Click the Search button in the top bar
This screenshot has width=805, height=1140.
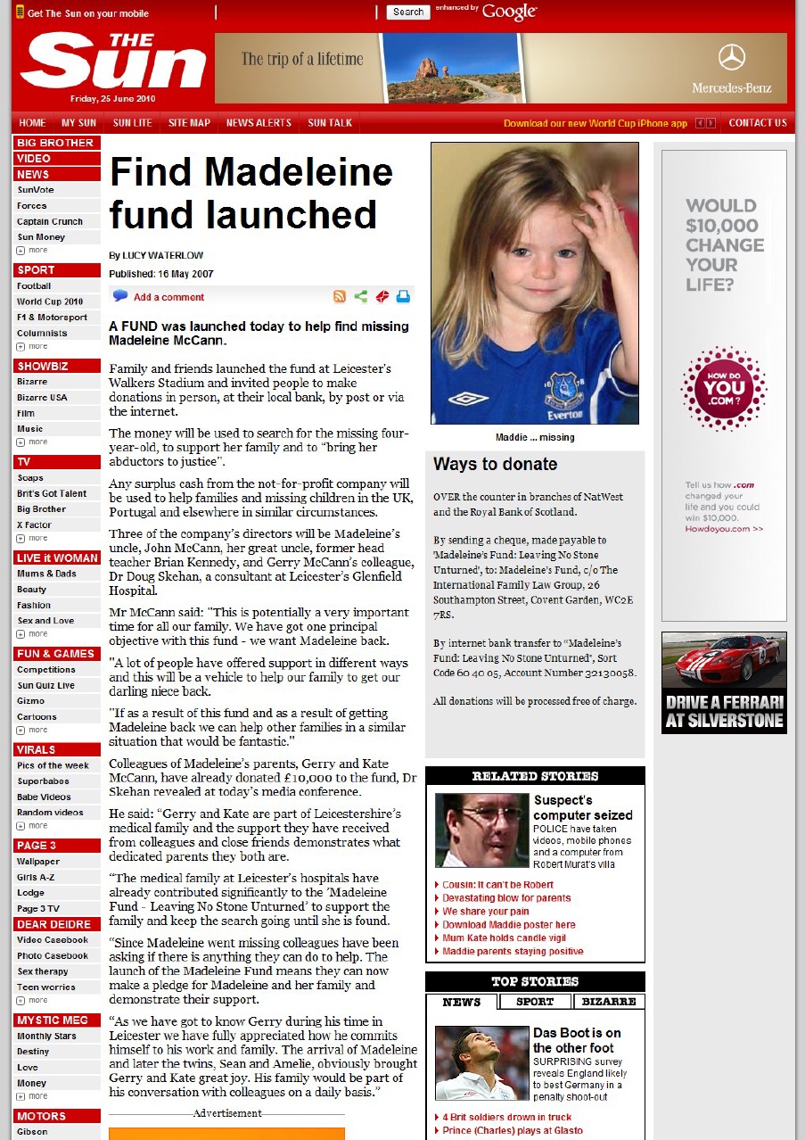tap(408, 12)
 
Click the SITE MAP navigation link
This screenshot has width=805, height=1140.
tap(189, 123)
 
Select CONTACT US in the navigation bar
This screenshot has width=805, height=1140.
tap(757, 123)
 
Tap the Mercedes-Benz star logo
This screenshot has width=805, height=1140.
tap(731, 58)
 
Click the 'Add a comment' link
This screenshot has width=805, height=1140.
tap(168, 297)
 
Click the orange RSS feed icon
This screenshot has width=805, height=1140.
tap(340, 297)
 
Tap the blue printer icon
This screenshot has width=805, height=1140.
tap(403, 297)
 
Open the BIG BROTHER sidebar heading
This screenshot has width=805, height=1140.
tap(55, 143)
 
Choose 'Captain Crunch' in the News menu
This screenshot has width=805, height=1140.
tap(50, 221)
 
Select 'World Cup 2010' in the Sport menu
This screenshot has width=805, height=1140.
tap(50, 302)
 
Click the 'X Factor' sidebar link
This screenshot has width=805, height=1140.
tap(34, 525)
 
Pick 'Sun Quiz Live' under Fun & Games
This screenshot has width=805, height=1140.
tap(45, 685)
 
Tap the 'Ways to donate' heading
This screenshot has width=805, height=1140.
tap(495, 464)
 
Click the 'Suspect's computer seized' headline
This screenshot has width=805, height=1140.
tap(583, 807)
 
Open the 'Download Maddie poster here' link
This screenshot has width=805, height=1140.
tap(509, 925)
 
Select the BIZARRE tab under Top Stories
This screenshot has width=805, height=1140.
tap(609, 1002)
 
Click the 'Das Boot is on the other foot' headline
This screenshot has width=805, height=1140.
tap(577, 1040)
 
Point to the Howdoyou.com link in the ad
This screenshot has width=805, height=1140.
tap(724, 529)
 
